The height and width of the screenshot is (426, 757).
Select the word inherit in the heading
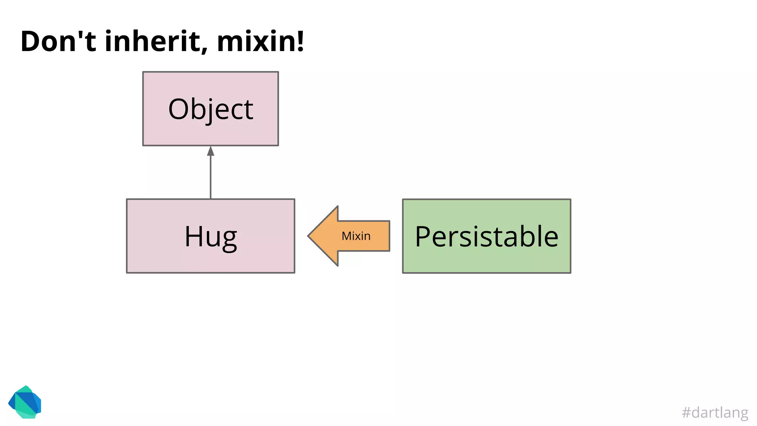point(152,41)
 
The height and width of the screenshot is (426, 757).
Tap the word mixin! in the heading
point(260,41)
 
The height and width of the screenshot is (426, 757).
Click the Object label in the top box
point(211,109)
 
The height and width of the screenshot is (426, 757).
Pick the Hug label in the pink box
point(211,237)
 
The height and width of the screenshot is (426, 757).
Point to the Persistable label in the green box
point(486,237)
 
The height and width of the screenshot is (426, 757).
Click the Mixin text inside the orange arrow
point(356,236)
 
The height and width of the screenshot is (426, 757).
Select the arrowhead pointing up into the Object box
point(211,151)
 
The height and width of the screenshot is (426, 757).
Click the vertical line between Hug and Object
point(211,177)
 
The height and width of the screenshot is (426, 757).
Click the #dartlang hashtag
point(715,412)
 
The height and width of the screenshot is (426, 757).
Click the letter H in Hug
point(194,237)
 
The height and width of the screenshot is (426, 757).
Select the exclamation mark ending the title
point(301,41)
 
